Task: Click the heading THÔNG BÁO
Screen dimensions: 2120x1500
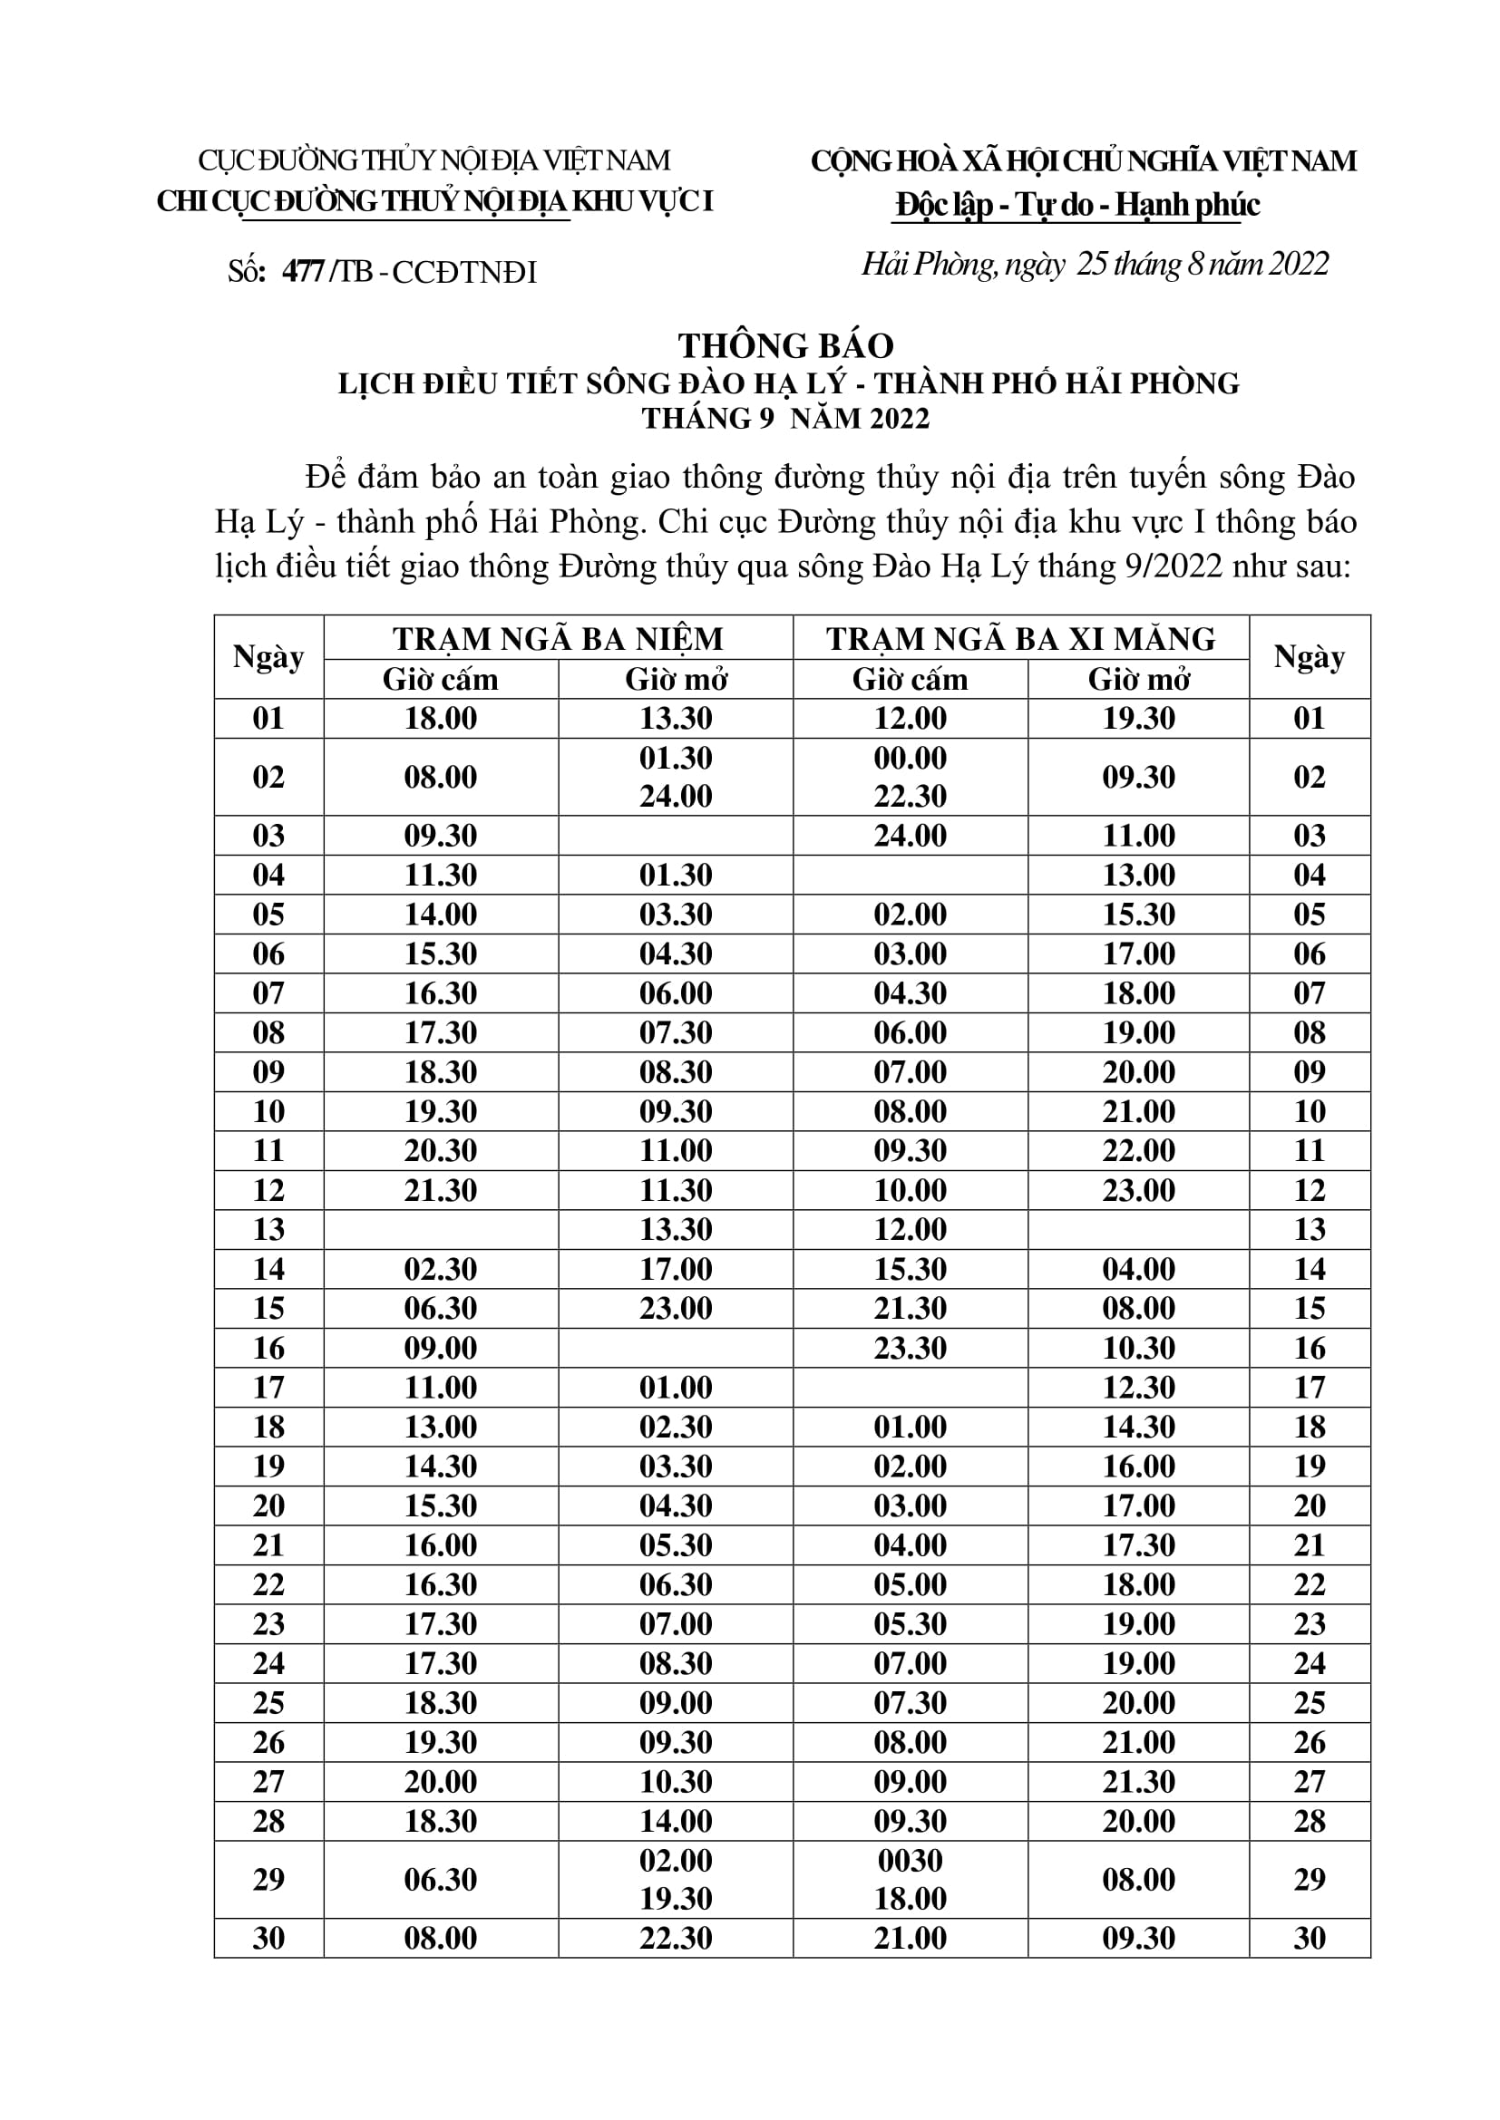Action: click(x=786, y=345)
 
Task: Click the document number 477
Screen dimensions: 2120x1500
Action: click(x=303, y=272)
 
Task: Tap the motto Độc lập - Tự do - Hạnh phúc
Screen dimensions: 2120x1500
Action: click(x=1077, y=204)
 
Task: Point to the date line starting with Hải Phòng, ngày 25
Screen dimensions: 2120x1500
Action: click(x=1095, y=265)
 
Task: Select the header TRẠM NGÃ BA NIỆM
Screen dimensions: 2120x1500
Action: click(x=558, y=638)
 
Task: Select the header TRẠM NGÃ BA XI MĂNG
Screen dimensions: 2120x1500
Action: click(x=1020, y=638)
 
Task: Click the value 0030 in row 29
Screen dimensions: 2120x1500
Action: click(x=910, y=1860)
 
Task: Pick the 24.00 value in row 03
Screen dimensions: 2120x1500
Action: click(x=910, y=836)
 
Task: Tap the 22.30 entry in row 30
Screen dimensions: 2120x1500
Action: click(x=676, y=1938)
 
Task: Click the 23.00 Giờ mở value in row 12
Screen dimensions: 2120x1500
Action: click(x=1138, y=1190)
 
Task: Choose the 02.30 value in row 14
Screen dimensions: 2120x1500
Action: click(x=441, y=1269)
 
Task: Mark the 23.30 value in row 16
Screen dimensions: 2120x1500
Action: click(x=910, y=1348)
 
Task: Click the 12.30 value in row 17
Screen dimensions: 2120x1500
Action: click(x=1138, y=1387)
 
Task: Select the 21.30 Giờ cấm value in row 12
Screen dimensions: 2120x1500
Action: click(x=441, y=1190)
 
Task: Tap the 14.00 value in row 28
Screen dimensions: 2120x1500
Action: click(x=676, y=1821)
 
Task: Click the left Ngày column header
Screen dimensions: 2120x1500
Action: click(x=268, y=656)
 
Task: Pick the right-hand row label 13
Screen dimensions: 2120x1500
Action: click(x=1309, y=1230)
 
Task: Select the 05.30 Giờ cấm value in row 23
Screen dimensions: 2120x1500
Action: click(x=910, y=1623)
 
